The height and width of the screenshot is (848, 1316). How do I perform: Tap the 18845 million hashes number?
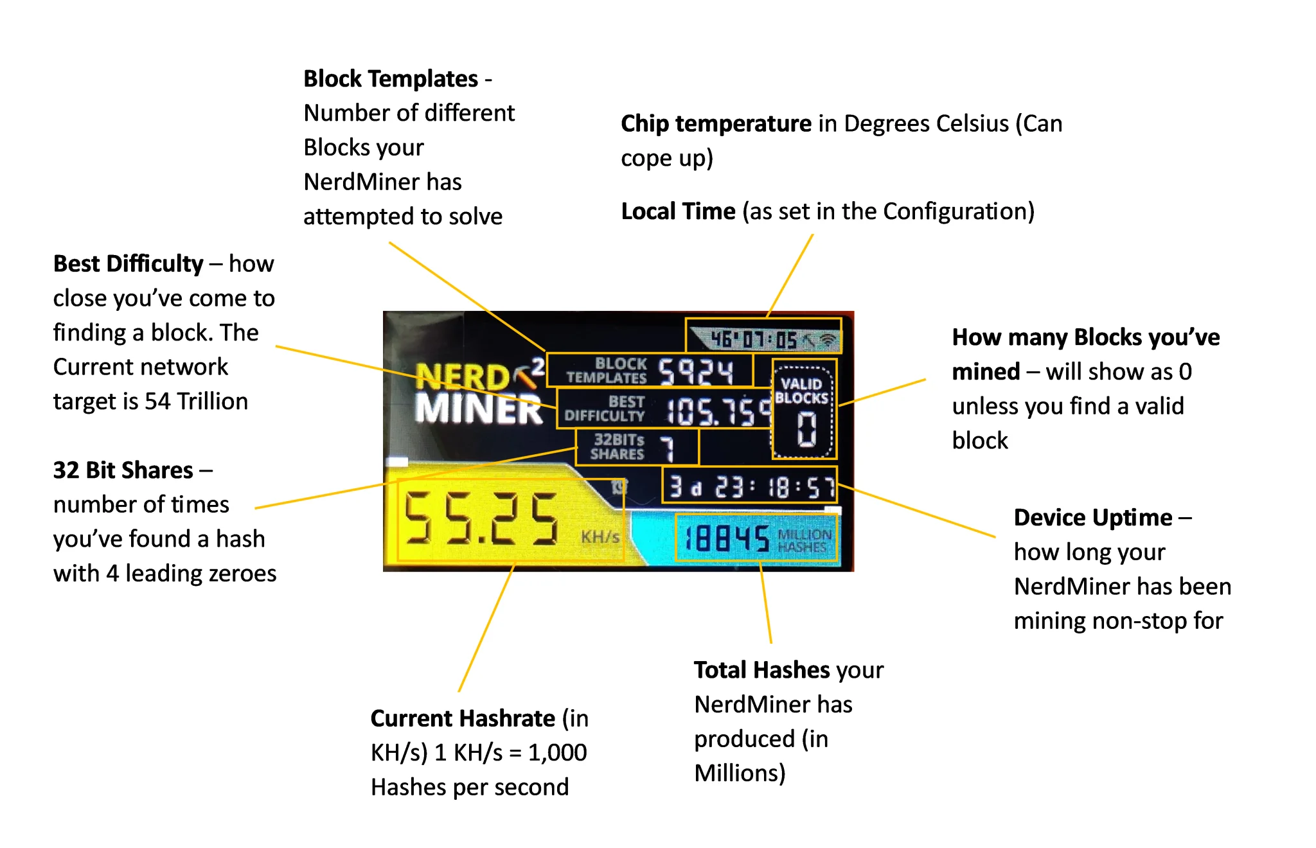[727, 538]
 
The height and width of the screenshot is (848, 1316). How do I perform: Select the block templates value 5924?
[696, 371]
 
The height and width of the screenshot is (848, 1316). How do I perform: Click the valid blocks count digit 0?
[806, 429]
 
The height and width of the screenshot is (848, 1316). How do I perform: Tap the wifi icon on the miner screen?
[830, 340]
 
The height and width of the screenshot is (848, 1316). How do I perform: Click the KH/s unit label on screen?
[600, 537]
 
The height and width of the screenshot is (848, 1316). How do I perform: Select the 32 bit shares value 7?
[668, 448]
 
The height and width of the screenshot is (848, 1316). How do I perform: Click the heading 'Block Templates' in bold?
[391, 79]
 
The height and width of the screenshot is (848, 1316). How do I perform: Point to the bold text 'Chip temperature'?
[716, 123]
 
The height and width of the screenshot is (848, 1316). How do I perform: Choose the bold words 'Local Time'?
[678, 211]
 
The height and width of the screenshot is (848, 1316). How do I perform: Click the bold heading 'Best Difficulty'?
[128, 264]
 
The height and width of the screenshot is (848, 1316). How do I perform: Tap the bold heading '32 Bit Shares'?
[123, 470]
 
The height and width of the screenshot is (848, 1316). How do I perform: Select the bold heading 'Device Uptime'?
[1093, 518]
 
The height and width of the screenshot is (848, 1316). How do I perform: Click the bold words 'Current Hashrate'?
[463, 718]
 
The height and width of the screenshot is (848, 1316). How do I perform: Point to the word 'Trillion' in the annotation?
[212, 402]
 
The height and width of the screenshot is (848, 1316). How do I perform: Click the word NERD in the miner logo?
[462, 376]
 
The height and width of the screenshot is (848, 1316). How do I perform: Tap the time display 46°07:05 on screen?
[753, 339]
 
